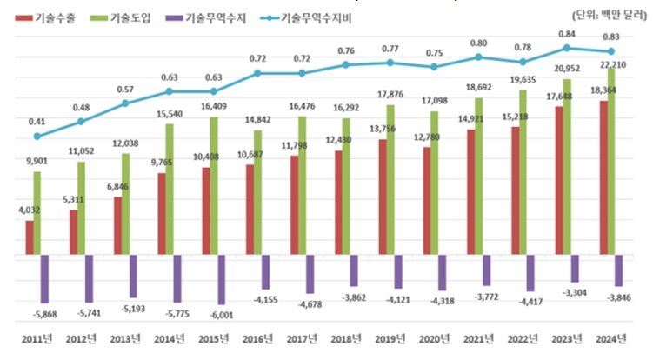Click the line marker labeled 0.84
(x=566, y=48)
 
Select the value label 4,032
(x=27, y=209)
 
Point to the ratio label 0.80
(x=479, y=43)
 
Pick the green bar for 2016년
(x=257, y=192)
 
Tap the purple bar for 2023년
(x=575, y=269)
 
